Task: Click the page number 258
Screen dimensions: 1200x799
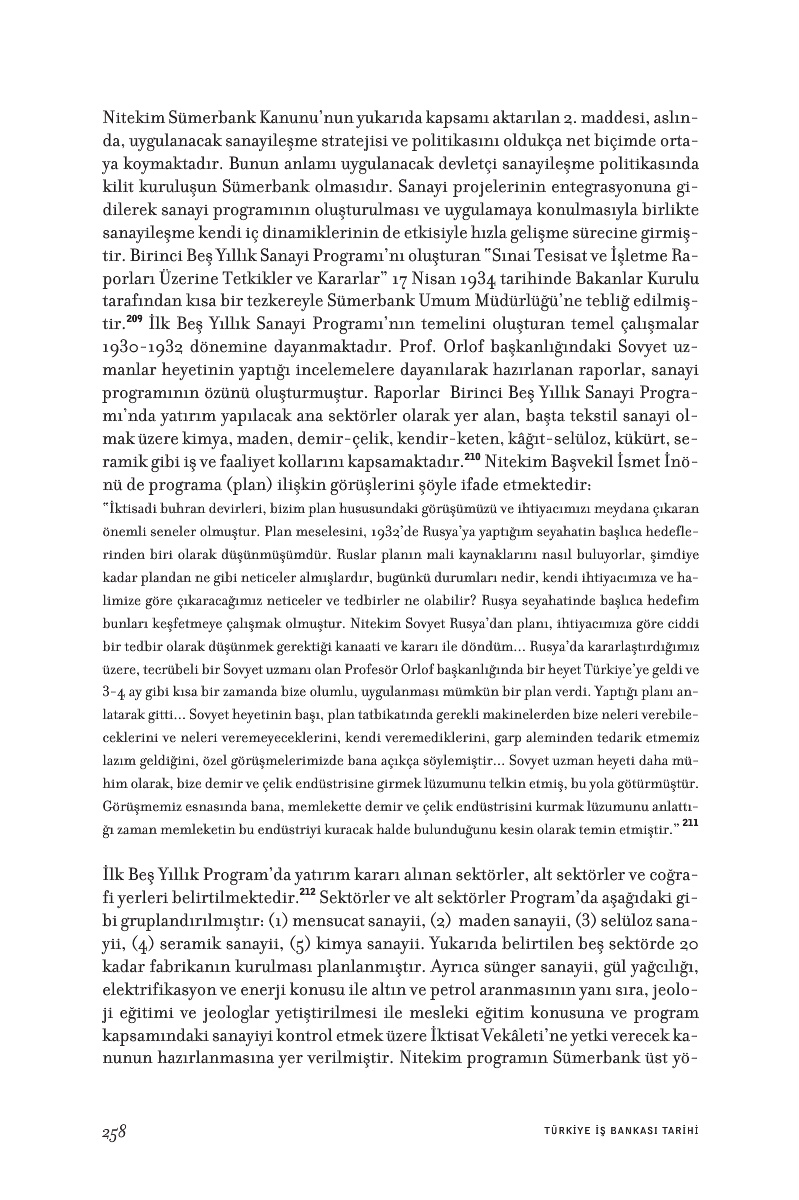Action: coord(113,1131)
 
